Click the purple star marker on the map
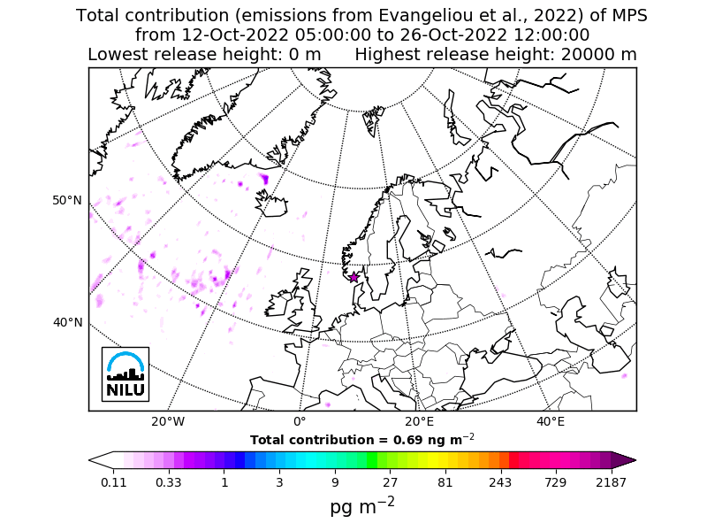tap(354, 277)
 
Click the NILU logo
tap(125, 373)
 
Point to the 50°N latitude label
tap(67, 201)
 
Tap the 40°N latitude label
tap(67, 322)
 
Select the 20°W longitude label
tap(167, 422)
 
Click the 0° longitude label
tap(299, 422)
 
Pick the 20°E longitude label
tap(419, 422)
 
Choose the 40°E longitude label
tap(551, 422)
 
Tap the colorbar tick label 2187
tap(612, 482)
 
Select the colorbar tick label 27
tap(390, 482)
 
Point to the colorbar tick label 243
tap(500, 482)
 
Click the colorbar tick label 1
tap(224, 482)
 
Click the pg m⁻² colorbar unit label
tap(362, 506)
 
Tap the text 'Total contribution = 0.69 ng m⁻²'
tap(362, 439)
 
